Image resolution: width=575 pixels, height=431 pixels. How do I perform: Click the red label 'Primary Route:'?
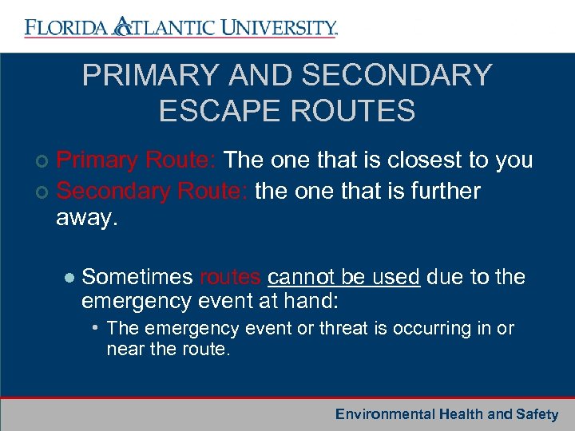[x=137, y=160]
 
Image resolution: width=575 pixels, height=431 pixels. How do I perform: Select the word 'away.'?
[x=87, y=218]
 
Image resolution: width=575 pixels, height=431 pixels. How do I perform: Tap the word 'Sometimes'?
[x=137, y=277]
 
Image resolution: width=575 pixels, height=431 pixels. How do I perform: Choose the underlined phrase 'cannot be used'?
[x=343, y=277]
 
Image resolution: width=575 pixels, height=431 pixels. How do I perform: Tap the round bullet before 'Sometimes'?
[x=69, y=278]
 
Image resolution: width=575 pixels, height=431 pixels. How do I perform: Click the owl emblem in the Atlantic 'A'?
[x=123, y=27]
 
